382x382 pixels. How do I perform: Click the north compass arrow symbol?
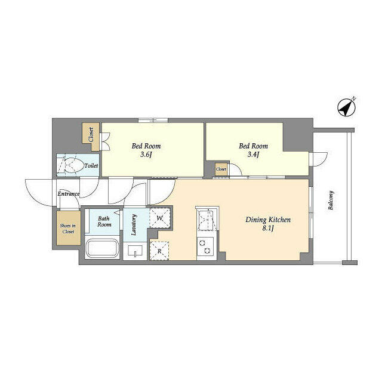[346, 107]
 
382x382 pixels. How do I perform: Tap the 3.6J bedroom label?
[146, 150]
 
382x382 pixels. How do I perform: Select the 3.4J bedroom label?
[253, 150]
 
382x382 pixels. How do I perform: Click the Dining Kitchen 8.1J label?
[268, 224]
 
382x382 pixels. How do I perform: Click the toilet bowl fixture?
[69, 165]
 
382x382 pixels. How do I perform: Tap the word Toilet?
[91, 165]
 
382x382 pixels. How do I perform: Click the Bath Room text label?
[104, 221]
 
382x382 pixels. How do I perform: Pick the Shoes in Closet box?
[67, 228]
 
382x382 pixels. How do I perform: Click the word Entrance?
[69, 194]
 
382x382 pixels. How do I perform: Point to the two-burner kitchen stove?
[207, 245]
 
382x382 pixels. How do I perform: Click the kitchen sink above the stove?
[207, 220]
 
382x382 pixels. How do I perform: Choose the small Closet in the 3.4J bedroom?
[221, 170]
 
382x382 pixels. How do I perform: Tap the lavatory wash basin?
[137, 251]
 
